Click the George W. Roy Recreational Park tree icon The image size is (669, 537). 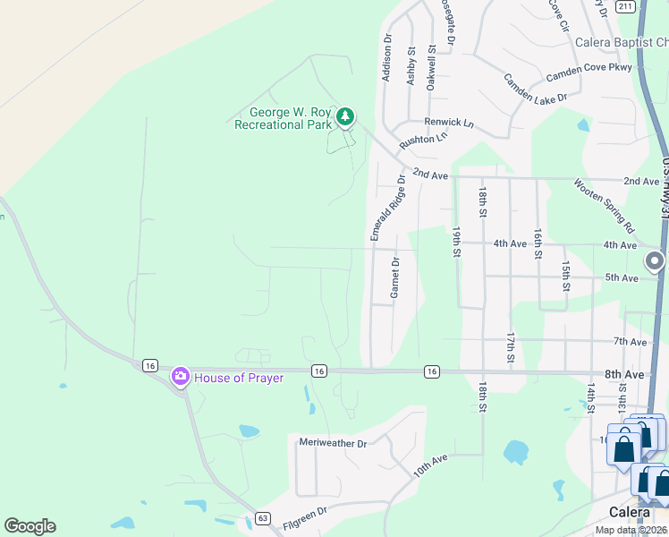point(345,116)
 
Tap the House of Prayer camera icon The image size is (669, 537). point(181,377)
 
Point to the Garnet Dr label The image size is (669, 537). point(394,278)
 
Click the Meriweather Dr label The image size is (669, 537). point(333,443)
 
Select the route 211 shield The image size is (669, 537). point(625,7)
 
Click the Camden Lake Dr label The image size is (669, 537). point(535,89)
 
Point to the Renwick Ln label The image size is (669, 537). point(449,122)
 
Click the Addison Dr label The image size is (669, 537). point(387,58)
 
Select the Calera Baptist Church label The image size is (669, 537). point(622,42)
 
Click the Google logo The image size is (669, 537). point(30,526)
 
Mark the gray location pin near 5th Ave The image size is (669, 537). point(655,261)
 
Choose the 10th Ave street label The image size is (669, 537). point(429,464)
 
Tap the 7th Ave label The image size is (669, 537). point(630,342)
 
